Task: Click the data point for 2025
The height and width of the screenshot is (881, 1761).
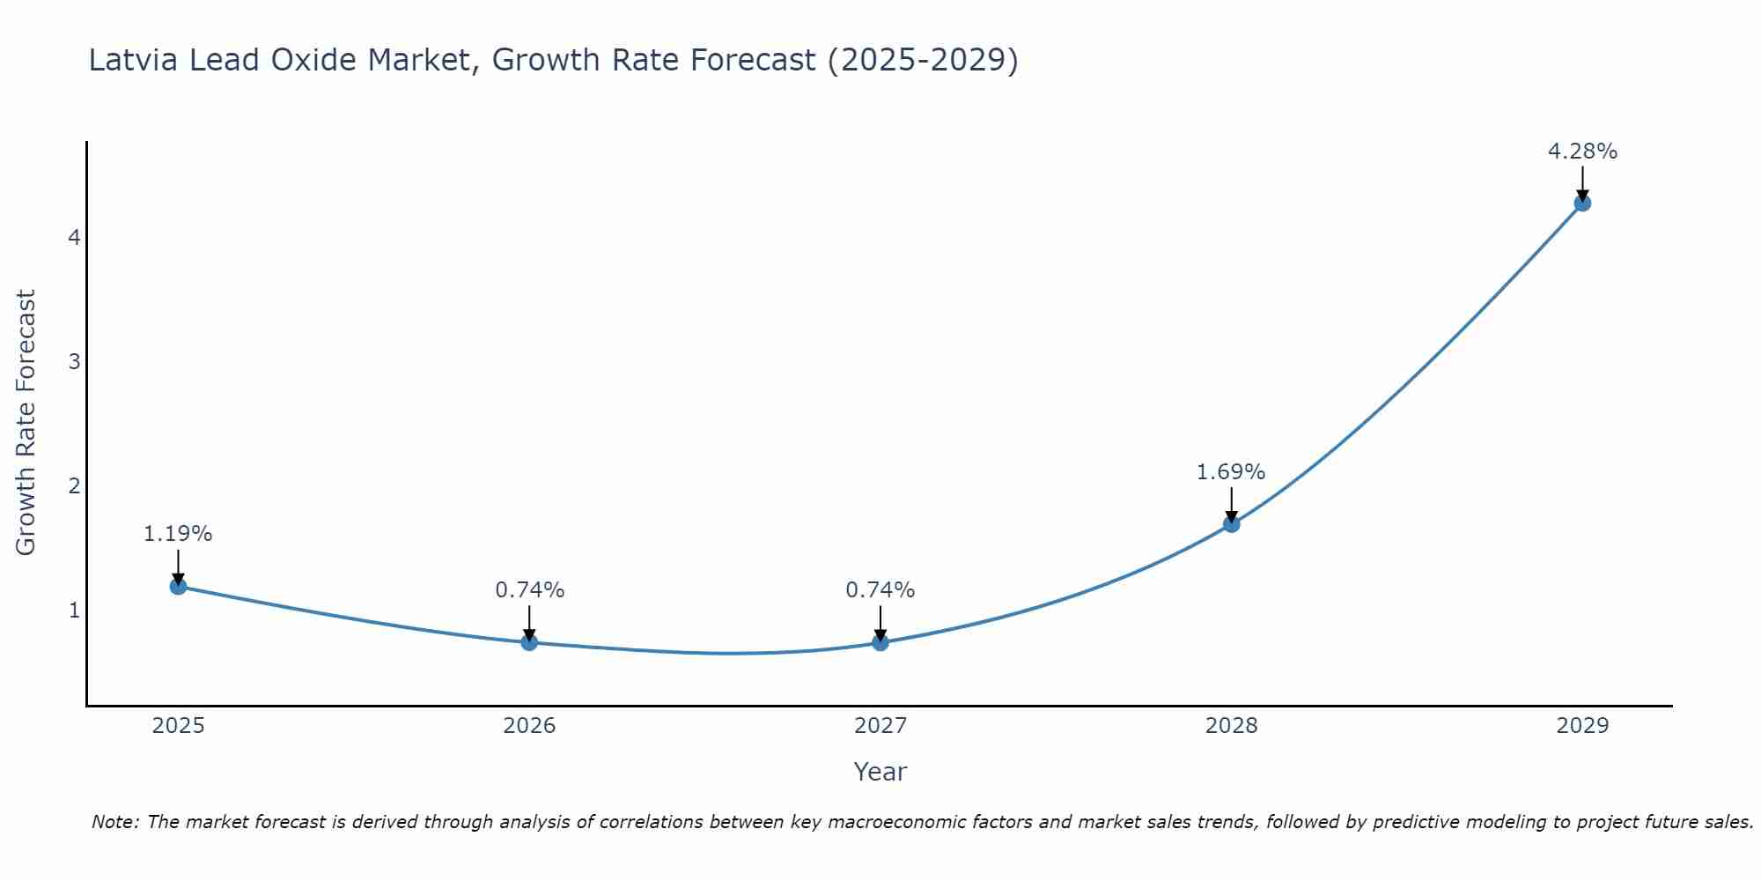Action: [x=178, y=586]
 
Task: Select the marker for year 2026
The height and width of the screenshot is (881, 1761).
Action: [x=529, y=642]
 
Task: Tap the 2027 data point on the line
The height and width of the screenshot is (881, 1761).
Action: [x=880, y=642]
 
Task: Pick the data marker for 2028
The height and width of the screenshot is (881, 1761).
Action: [x=1231, y=524]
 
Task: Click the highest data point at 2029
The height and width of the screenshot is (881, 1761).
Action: [x=1582, y=203]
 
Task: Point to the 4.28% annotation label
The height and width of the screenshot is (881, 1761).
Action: [x=1582, y=152]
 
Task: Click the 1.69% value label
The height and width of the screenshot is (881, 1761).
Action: [x=1230, y=472]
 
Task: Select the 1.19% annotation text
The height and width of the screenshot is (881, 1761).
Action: [x=178, y=534]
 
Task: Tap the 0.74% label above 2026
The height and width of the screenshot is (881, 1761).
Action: [x=529, y=590]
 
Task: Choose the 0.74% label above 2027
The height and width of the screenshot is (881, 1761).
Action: [x=880, y=590]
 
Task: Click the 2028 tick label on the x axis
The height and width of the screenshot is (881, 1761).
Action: [x=1231, y=726]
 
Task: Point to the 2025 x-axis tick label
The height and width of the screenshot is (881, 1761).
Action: [x=178, y=726]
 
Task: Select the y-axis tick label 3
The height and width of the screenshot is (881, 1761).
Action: [x=74, y=361]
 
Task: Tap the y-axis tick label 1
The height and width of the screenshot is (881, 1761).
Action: [x=74, y=610]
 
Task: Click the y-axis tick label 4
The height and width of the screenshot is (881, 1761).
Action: [x=74, y=238]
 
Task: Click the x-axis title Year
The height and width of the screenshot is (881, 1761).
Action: [x=880, y=772]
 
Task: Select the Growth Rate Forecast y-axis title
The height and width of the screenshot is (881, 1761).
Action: [x=26, y=423]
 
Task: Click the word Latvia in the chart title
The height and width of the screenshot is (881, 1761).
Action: [x=133, y=60]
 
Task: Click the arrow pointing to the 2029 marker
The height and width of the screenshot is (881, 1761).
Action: [x=1582, y=183]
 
